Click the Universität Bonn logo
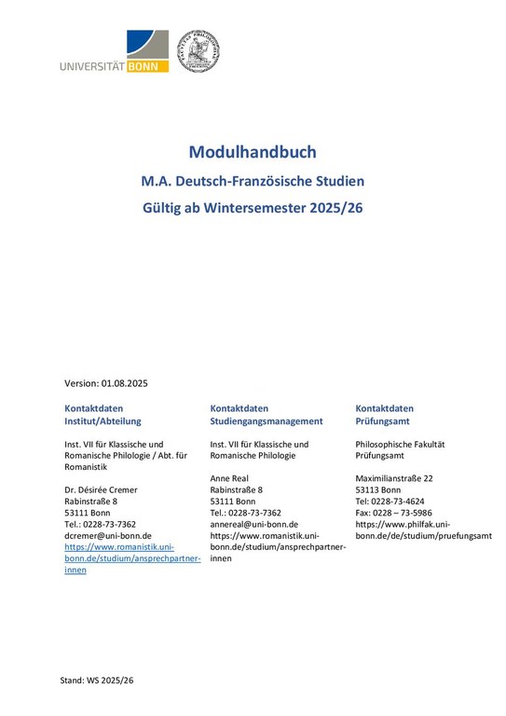click(114, 52)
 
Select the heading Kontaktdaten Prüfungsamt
click(386, 415)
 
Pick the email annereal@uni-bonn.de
click(253, 524)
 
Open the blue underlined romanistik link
click(132, 558)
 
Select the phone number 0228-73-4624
click(406, 501)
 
